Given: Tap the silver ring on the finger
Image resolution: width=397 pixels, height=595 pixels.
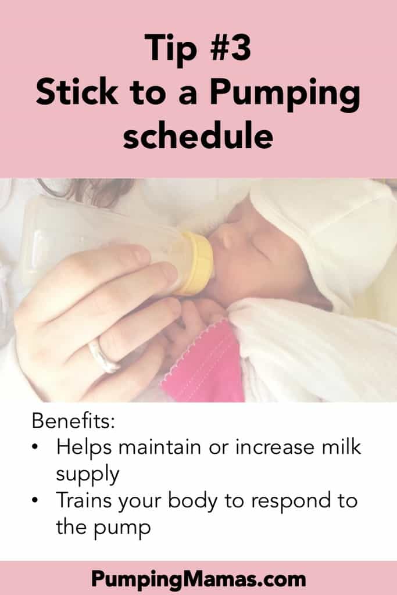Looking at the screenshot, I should [103, 355].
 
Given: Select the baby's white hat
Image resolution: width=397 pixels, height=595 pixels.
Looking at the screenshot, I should [326, 221].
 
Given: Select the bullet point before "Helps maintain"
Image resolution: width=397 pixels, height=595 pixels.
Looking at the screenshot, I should [36, 448].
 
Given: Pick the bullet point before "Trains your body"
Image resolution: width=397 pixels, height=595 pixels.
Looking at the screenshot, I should [36, 500].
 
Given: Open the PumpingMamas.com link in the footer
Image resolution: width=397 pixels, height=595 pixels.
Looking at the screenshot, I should [198, 579].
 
